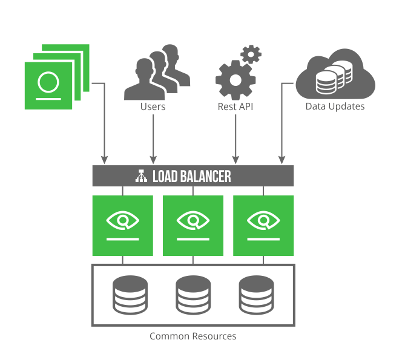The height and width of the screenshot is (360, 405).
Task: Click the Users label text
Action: tap(153, 106)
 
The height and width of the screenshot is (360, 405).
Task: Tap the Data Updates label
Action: tap(335, 106)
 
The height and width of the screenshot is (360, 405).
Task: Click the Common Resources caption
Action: tap(193, 336)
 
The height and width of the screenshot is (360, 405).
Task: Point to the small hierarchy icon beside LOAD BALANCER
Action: tap(140, 176)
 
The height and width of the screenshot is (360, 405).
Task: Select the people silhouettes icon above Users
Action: tap(156, 75)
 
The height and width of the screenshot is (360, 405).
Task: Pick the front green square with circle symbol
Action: tap(48, 85)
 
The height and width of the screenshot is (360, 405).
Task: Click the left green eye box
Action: tap(122, 225)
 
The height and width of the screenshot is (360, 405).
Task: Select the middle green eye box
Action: tap(193, 225)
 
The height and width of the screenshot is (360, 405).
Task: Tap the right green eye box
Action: tap(263, 225)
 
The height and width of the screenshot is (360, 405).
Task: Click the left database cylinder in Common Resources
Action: tap(130, 294)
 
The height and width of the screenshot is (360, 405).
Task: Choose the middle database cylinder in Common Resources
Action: tap(193, 294)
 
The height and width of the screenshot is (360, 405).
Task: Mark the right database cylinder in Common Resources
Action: tap(256, 294)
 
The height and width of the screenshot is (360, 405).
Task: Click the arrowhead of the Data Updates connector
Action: tap(281, 160)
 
